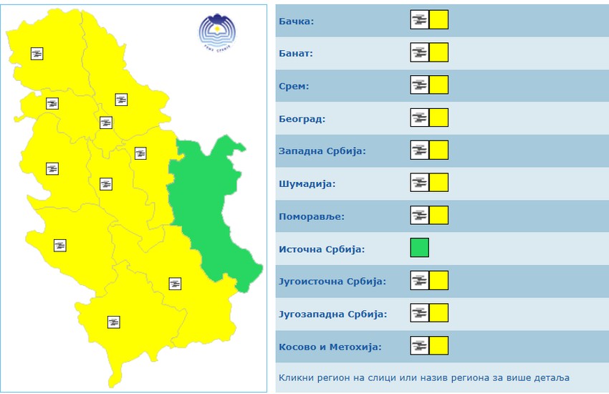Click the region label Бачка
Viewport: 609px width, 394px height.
point(296,21)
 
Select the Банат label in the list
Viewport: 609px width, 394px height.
point(295,53)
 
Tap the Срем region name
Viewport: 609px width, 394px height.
point(293,86)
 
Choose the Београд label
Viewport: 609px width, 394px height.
point(301,119)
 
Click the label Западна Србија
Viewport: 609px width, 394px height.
point(322,151)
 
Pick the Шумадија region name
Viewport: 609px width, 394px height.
point(307,184)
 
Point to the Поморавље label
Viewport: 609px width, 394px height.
point(312,216)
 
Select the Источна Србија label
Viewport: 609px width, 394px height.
point(321,249)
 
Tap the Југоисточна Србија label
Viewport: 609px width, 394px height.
point(332,282)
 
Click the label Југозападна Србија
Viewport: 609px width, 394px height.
point(332,314)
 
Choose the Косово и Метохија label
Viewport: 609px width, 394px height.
point(330,347)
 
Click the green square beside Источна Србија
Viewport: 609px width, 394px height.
point(420,248)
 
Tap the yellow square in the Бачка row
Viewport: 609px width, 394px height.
point(439,20)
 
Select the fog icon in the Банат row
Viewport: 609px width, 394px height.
point(420,52)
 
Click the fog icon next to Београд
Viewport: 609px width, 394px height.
point(420,117)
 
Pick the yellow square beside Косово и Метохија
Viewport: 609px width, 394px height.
point(439,346)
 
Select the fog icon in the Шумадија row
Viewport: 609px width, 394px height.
point(420,183)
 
